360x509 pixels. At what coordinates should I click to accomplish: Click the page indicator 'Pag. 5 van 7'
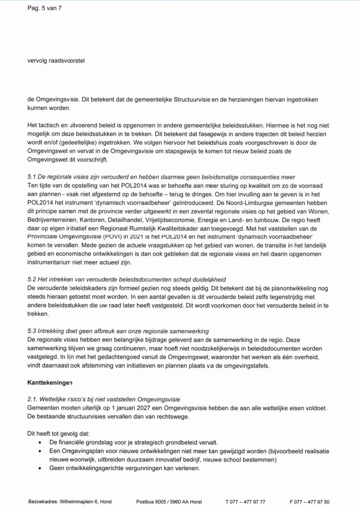(44, 8)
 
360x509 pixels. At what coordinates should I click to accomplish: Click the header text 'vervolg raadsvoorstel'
(56, 61)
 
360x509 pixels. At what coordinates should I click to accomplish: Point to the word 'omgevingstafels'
(276, 366)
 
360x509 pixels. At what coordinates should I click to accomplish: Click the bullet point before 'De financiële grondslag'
(39, 443)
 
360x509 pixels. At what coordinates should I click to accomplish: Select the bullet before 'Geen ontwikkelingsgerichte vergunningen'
(39, 468)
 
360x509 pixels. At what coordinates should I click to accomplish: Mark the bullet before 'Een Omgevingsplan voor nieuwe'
(39, 451)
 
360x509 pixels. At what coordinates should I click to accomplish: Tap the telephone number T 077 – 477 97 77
(245, 501)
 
